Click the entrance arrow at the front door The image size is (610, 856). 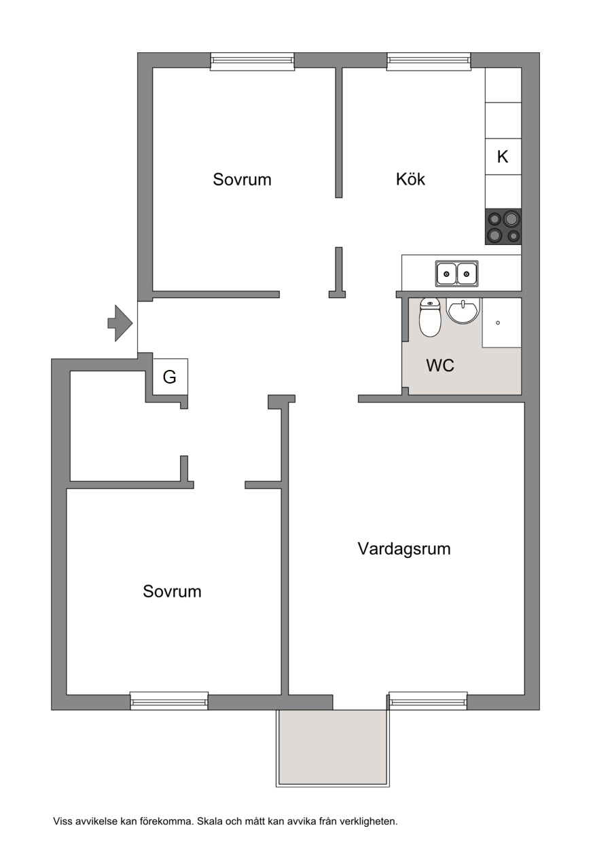[x=120, y=323]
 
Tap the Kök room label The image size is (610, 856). [x=410, y=179]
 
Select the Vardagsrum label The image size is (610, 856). [x=404, y=548]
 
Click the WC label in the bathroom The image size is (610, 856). [x=440, y=365]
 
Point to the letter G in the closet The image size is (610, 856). [x=169, y=377]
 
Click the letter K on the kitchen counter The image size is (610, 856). [x=503, y=157]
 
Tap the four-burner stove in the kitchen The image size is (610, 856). [x=503, y=227]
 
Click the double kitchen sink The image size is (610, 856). [x=456, y=274]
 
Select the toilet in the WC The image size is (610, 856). [x=430, y=318]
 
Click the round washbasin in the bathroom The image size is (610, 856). [x=463, y=311]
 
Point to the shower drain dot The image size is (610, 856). [x=498, y=323]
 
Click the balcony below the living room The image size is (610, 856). [x=333, y=746]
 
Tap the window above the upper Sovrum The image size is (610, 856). [x=253, y=62]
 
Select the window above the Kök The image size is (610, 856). [x=429, y=62]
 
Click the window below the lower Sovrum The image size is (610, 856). [x=169, y=701]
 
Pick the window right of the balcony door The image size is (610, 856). [x=428, y=701]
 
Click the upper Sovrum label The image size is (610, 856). [x=242, y=180]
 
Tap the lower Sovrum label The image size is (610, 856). [x=172, y=591]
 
